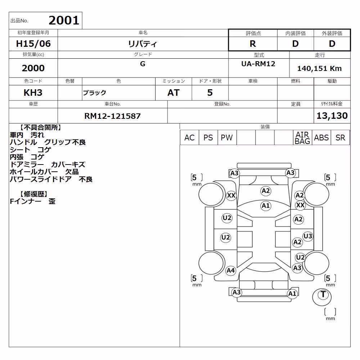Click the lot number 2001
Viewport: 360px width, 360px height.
click(64, 21)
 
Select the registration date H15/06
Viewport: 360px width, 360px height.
click(33, 44)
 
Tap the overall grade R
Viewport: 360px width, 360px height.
click(253, 44)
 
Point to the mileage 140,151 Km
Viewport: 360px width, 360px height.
click(319, 68)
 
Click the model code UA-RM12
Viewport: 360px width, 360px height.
click(258, 64)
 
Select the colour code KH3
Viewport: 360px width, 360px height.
click(33, 93)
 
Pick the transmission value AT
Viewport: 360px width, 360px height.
click(174, 93)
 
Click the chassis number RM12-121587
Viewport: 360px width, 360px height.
click(112, 116)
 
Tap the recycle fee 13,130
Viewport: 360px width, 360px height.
click(332, 116)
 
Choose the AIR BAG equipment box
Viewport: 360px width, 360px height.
click(302, 138)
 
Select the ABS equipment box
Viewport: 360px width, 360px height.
click(321, 138)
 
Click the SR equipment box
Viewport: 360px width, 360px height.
click(340, 138)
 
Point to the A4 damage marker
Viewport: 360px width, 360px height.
click(230, 270)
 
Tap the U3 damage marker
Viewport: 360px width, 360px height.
click(308, 236)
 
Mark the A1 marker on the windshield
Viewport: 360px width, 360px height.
click(266, 206)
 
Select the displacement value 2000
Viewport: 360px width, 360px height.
click(33, 68)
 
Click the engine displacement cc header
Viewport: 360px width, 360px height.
click(33, 55)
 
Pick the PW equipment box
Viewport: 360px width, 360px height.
click(227, 138)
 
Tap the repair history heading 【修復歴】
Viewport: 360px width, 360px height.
click(34, 194)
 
